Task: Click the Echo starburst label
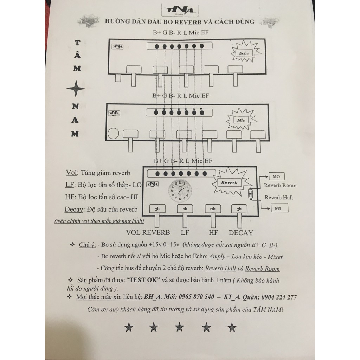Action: tap(244, 53)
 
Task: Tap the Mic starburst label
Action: tap(241, 120)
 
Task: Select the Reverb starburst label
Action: tap(229, 182)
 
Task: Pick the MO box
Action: tap(276, 176)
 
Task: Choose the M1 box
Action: tap(279, 209)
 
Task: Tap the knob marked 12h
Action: tap(213, 209)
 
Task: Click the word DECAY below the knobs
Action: tap(241, 233)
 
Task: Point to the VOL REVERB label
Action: tap(148, 233)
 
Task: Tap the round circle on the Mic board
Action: tap(113, 134)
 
